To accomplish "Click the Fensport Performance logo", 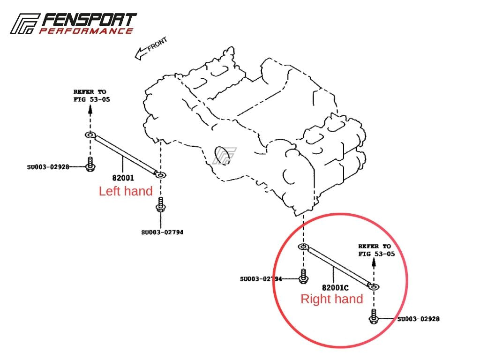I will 73,23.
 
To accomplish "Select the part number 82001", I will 123,178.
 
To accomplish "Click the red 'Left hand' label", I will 126,191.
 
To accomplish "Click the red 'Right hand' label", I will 331,299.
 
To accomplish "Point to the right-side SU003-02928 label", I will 418,319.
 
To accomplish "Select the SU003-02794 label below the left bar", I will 162,232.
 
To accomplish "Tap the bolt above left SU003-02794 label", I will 161,205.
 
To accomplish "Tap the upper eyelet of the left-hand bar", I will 90,135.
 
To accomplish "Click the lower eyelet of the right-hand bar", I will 375,285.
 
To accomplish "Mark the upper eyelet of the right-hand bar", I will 303,247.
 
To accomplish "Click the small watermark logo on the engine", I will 224,156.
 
